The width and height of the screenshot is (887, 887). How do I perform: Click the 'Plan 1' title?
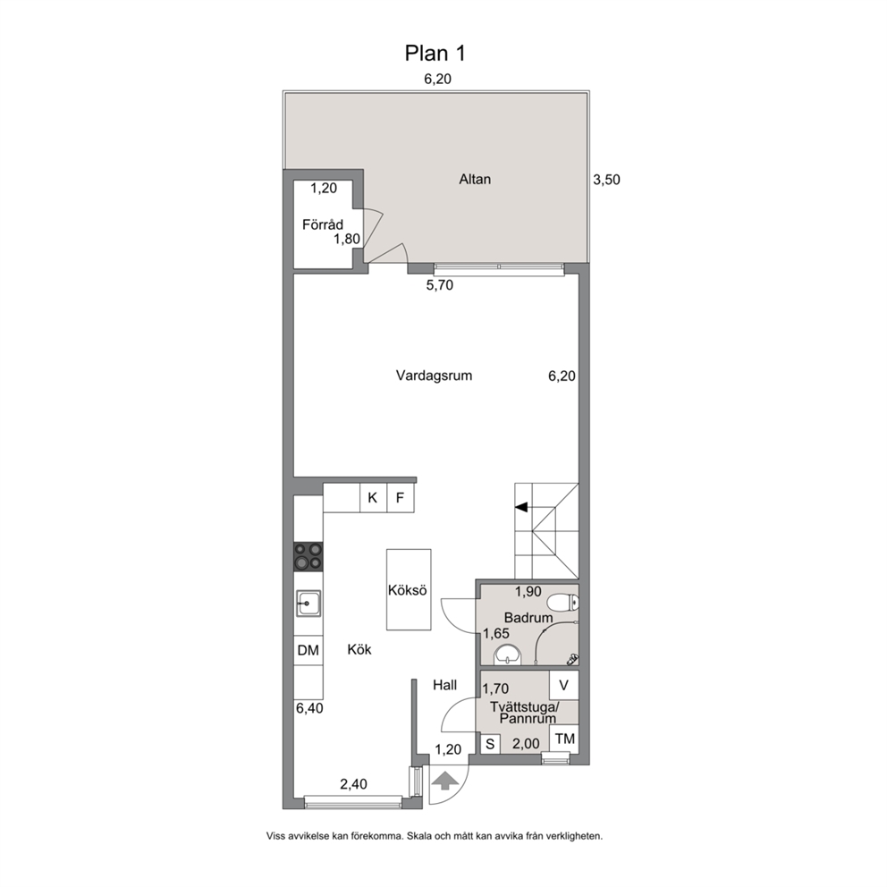tap(435, 53)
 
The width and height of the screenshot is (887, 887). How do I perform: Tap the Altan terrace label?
tap(475, 180)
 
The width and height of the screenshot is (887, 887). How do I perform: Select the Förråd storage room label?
tap(323, 224)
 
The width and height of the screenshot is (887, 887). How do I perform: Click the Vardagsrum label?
tap(434, 376)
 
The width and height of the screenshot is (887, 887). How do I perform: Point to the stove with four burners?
tap(308, 556)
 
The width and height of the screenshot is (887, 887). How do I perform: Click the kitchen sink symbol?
tap(308, 604)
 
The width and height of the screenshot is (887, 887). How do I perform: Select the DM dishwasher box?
tap(308, 651)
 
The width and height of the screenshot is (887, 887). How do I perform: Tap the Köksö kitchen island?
tap(409, 589)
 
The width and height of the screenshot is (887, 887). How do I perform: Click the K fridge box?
tap(374, 498)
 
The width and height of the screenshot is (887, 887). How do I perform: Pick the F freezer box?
tap(401, 498)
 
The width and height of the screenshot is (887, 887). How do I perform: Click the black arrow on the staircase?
tap(521, 507)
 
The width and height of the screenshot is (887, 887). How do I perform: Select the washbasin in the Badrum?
tap(507, 655)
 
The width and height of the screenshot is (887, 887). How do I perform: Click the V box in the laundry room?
tap(564, 685)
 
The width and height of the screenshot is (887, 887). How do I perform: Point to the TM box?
tap(564, 739)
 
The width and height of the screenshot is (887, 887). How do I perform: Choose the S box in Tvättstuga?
tap(490, 744)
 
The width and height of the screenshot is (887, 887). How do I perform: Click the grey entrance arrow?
tap(445, 781)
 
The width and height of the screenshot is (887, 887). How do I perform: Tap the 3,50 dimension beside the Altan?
tap(606, 180)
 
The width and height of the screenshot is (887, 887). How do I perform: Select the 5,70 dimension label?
tap(440, 285)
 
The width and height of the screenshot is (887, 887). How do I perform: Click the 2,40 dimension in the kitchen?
tap(353, 784)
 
